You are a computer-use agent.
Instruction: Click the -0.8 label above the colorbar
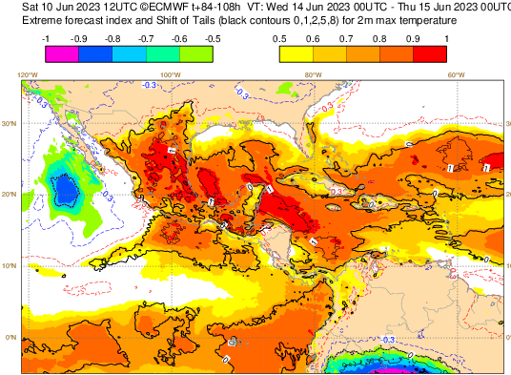(x=112, y=38)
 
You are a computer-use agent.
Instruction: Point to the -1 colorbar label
(x=46, y=38)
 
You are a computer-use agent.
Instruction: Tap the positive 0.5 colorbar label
(x=279, y=38)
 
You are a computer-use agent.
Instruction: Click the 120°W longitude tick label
(x=28, y=74)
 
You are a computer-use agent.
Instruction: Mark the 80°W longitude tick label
(x=313, y=74)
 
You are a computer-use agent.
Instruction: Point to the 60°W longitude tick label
(x=456, y=74)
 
